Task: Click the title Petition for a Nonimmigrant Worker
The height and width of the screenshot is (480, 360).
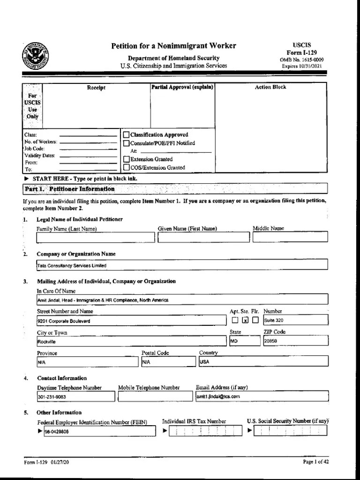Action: coord(173,46)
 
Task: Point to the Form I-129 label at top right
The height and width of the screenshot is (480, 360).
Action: coord(301,53)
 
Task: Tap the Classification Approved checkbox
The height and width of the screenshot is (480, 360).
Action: coord(126,135)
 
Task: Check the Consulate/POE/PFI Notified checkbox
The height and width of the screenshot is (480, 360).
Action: coord(126,143)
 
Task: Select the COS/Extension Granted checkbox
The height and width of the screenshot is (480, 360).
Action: coord(126,167)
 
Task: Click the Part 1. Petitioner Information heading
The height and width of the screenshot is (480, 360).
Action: coord(69,189)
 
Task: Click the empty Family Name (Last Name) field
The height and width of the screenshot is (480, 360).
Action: coord(95,237)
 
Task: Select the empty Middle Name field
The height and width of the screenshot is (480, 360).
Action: coord(290,237)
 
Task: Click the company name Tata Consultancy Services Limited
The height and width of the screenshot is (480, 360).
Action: coord(72,266)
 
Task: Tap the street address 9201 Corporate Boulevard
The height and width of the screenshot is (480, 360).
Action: coord(64,321)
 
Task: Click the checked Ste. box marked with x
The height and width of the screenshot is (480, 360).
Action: coord(245,321)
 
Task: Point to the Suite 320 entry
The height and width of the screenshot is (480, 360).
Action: coord(274,321)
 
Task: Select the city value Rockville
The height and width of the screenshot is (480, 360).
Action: coord(46,342)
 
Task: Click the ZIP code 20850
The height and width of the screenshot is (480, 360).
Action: coord(270,342)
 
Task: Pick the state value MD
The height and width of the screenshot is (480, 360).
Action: coord(234,342)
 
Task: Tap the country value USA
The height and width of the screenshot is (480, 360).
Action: coord(205,362)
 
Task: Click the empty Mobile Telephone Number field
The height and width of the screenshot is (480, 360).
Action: coord(155,397)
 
